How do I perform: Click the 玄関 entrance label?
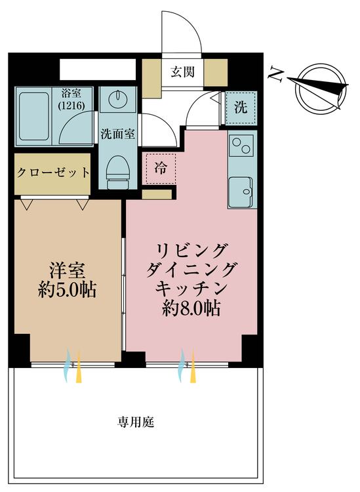(x=183, y=73)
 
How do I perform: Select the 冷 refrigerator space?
(x=160, y=167)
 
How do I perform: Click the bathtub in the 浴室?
(x=35, y=116)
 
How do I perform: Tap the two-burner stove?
(x=241, y=148)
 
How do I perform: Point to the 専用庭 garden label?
(x=136, y=423)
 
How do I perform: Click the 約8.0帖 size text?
(x=191, y=308)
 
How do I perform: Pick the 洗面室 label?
(x=118, y=134)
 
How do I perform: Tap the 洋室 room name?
(x=67, y=270)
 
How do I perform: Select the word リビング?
(x=191, y=250)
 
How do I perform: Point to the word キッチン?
(x=191, y=289)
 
